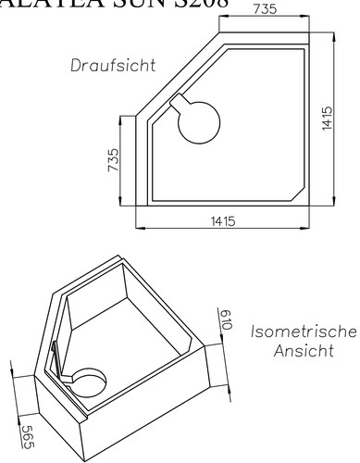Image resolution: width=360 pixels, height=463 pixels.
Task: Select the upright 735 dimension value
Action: pyautogui.click(x=264, y=9)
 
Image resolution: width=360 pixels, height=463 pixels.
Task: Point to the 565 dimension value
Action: pyautogui.click(x=27, y=432)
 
